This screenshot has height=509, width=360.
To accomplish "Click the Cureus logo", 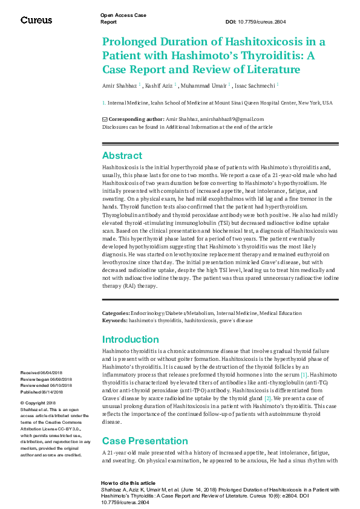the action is coord(36,20).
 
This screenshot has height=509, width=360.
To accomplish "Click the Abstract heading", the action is coord(122,155).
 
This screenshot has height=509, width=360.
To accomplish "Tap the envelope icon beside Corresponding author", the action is coord(105,120).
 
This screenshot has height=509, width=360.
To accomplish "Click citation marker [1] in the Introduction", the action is coord(321,375).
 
